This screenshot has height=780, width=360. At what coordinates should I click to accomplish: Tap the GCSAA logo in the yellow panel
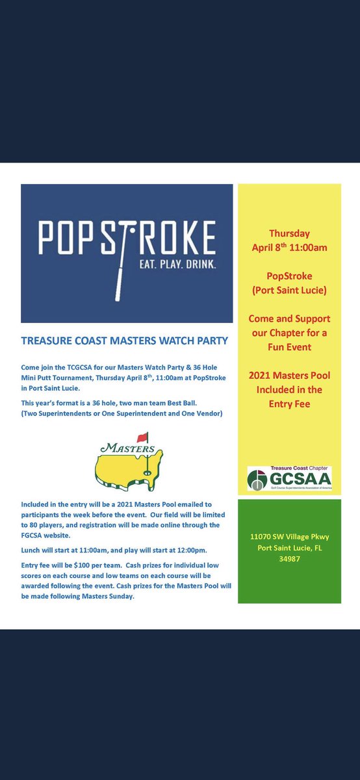(289, 479)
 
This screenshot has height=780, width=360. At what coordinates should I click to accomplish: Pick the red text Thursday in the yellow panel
(290, 233)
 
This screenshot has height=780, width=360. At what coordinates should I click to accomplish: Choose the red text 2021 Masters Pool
(290, 376)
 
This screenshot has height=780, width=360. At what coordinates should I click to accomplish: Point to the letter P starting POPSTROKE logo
(46, 239)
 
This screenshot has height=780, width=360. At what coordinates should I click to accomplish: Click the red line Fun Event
(290, 347)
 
